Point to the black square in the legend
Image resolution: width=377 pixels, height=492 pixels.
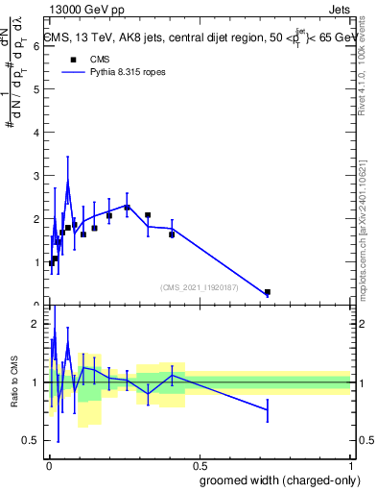click(x=70, y=59)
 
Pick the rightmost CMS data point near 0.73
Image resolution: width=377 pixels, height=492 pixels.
click(x=268, y=292)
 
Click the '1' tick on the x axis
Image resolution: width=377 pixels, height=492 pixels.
click(x=349, y=463)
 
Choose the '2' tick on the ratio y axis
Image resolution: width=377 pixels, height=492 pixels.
click(x=35, y=324)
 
